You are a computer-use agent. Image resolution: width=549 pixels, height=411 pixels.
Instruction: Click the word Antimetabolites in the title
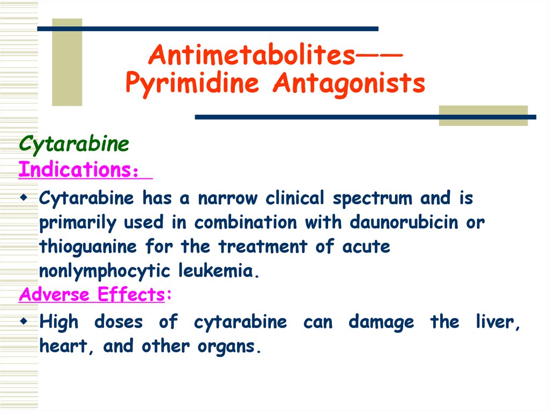click(251, 55)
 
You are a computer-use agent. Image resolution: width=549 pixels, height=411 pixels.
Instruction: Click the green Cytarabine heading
click(74, 144)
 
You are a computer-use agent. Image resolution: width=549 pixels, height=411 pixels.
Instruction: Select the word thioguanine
click(88, 247)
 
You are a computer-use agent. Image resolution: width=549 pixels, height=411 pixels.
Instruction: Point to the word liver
click(498, 323)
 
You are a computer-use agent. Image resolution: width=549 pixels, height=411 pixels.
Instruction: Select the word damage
click(381, 323)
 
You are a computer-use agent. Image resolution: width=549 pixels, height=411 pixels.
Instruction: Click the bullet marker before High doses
click(24, 322)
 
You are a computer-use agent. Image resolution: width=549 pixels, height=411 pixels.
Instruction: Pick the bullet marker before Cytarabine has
click(24, 197)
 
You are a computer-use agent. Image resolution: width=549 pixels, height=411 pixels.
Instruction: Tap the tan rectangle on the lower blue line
click(483, 116)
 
